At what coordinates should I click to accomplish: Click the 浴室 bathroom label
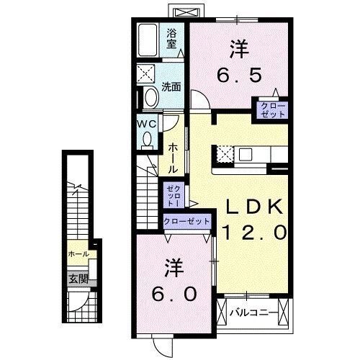171,37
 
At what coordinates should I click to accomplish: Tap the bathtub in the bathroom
150,40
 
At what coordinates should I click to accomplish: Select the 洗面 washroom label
171,88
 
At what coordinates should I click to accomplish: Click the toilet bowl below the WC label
148,140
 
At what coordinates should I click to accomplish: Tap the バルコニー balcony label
252,313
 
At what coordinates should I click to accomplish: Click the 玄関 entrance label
78,278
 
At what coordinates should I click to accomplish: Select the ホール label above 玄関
78,255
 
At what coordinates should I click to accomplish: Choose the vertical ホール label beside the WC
173,157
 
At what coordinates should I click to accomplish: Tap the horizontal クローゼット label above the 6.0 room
186,222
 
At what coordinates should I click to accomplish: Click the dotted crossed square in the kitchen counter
225,153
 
